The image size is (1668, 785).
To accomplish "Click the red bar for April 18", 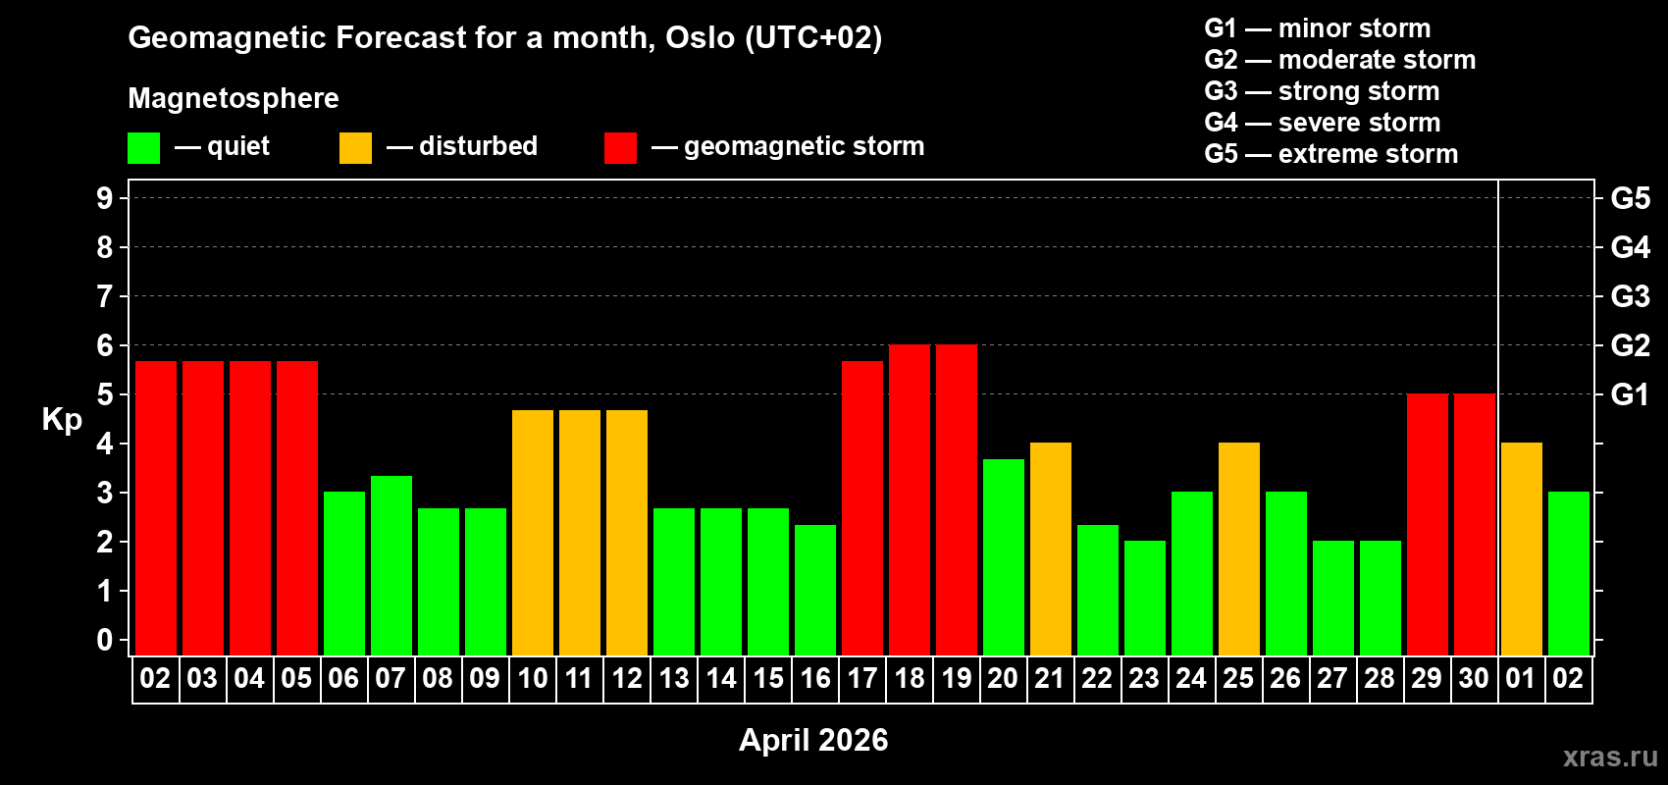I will (x=910, y=499).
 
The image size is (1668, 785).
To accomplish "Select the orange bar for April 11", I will (x=580, y=532).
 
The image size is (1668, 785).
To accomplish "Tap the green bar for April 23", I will (x=1145, y=598).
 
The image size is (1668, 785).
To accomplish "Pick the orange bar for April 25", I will (x=1239, y=549).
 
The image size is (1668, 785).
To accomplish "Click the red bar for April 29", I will (x=1428, y=524).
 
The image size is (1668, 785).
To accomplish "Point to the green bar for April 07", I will (x=391, y=565).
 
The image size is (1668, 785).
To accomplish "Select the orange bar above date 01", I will (x=1522, y=549).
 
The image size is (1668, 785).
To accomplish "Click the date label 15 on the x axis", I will (x=768, y=678).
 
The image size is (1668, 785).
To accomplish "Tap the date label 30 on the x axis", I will (x=1474, y=678).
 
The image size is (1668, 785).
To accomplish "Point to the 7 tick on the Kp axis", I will (x=105, y=296).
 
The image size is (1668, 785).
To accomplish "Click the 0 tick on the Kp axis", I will (x=105, y=640).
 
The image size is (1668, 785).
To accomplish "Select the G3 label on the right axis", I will (x=1630, y=296).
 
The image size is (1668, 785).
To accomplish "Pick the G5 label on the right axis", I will (x=1630, y=198).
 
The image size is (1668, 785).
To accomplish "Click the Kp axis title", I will (x=62, y=419).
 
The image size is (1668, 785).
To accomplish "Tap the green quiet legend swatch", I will (x=144, y=148).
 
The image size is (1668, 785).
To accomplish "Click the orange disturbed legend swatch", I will (x=355, y=148).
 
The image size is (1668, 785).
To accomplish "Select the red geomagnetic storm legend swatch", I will (x=620, y=148).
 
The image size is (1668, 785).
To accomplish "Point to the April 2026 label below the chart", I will (x=813, y=739).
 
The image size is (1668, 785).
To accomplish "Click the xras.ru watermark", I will (x=1610, y=756).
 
